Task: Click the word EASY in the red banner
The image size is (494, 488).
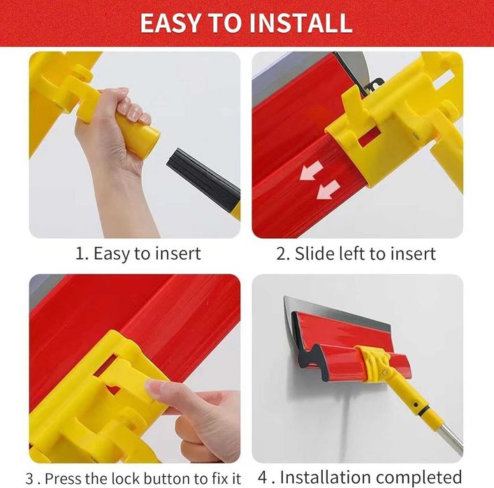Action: (170, 23)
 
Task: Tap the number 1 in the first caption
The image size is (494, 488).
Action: (80, 253)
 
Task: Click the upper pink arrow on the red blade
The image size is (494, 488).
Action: (311, 170)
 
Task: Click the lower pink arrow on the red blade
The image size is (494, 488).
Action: (328, 190)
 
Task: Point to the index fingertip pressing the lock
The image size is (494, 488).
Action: (152, 386)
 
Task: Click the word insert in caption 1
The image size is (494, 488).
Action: (180, 253)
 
